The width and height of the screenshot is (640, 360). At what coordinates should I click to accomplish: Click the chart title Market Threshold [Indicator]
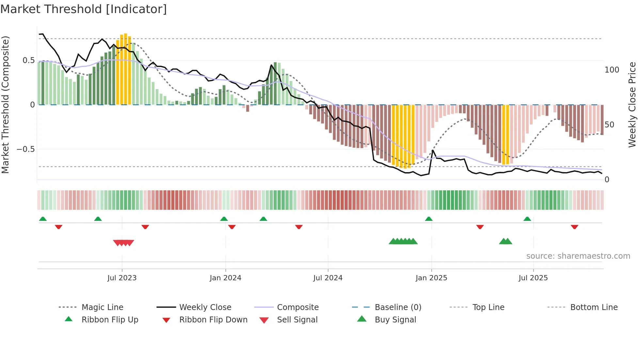click(84, 9)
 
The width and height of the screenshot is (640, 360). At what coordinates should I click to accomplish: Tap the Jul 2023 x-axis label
click(122, 278)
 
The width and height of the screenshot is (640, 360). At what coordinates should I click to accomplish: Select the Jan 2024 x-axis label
click(225, 278)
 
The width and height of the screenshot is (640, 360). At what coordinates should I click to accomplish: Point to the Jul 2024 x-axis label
click(328, 278)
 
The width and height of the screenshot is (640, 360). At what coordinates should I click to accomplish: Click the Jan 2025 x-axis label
click(431, 278)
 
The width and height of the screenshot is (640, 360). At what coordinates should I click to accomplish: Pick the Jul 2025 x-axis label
click(533, 278)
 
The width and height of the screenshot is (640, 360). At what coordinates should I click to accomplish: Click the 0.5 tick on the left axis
click(28, 60)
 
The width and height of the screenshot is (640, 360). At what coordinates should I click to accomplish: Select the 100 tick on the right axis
click(612, 70)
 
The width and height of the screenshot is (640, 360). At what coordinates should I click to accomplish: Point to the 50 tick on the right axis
click(609, 125)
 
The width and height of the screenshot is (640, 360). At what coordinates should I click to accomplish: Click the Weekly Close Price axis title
click(632, 105)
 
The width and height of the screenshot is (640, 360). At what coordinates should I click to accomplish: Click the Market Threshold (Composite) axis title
click(5, 105)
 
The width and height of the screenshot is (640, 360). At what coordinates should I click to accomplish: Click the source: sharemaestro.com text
click(578, 256)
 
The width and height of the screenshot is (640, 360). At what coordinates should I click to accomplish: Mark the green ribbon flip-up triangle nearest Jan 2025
click(429, 219)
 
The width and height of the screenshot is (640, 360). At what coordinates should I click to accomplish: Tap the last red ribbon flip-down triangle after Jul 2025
click(574, 227)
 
